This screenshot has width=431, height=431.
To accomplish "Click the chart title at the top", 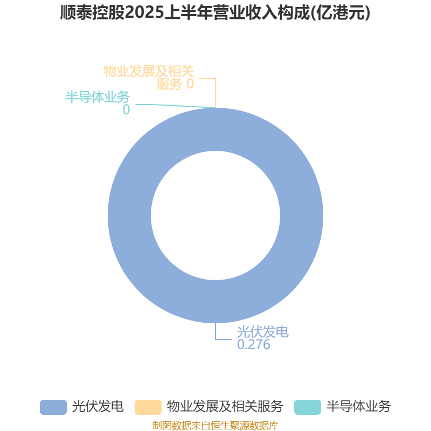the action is (x=215, y=12).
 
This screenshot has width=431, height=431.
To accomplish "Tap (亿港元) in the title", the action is (x=340, y=13).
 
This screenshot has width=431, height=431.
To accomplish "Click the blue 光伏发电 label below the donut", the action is (x=262, y=332).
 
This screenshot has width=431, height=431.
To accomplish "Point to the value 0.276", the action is (x=253, y=345).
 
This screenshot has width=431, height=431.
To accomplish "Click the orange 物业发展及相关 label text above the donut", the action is (x=149, y=71).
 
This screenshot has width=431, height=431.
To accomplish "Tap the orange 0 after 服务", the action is (x=190, y=84).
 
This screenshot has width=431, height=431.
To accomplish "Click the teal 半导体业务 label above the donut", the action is (x=98, y=97).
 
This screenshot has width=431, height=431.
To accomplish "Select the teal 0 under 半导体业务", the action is (x=126, y=109).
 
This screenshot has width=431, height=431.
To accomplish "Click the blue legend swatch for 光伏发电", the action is (x=53, y=407).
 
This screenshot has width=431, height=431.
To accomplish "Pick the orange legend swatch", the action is (x=148, y=407).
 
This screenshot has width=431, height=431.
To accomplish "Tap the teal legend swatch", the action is (x=308, y=407).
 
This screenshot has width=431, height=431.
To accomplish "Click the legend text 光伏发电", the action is (x=98, y=407).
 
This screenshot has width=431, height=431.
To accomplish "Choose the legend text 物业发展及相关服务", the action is (x=225, y=407).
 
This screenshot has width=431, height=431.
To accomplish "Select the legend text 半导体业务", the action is (x=358, y=407).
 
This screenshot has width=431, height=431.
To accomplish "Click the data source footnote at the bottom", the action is (x=215, y=425).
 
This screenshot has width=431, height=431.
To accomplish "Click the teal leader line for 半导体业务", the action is (x=176, y=106).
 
